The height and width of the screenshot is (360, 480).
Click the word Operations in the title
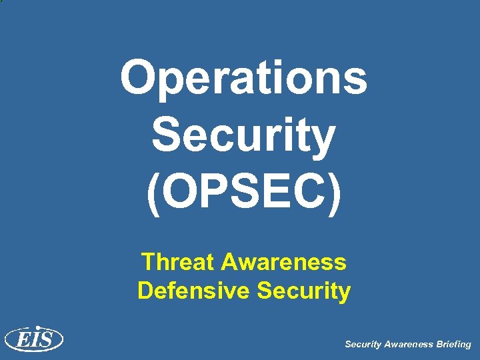point(243,77)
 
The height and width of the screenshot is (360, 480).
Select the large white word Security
point(243,135)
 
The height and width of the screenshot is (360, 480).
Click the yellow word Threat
point(179,262)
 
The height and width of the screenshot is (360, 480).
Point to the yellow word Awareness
point(284,262)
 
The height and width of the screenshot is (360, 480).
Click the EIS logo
point(34,339)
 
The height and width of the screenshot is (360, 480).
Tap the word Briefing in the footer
point(453,345)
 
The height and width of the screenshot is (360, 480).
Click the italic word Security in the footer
point(363,345)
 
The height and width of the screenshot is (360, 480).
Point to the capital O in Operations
point(138,77)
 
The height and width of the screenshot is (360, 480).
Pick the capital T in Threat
point(149,262)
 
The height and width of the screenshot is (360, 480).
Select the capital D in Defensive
point(145,291)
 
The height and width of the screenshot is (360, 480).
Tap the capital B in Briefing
point(438,345)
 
